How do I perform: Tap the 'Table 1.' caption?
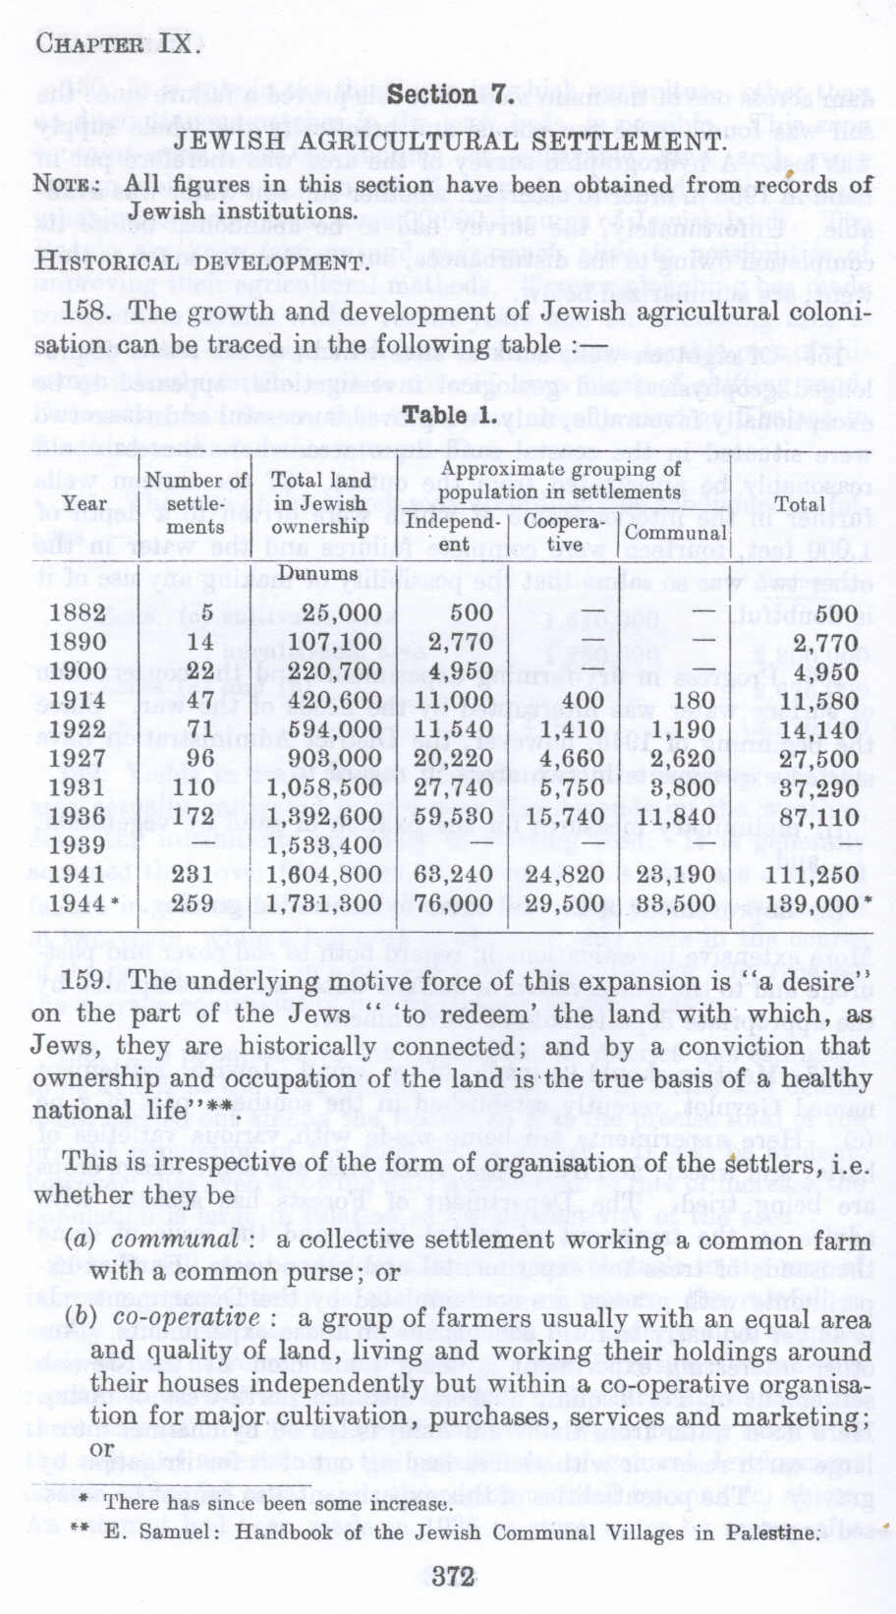point(450,415)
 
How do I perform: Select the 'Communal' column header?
point(676,533)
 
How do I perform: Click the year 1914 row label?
point(78,701)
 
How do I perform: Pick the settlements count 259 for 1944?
point(194,904)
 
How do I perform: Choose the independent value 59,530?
point(453,817)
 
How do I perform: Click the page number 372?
point(453,1576)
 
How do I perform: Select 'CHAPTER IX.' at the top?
point(119,43)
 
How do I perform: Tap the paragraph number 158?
point(89,313)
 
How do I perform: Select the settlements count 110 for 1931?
point(194,787)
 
